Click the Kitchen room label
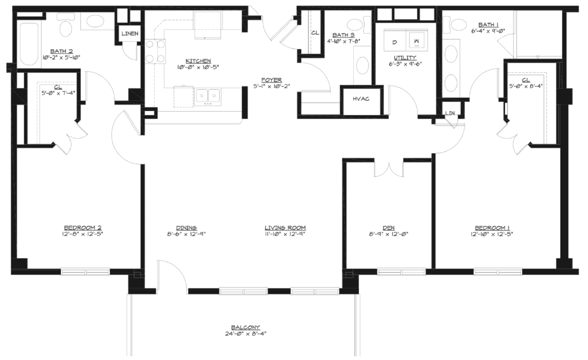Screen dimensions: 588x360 point(198,61)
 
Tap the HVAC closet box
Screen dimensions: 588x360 point(361,100)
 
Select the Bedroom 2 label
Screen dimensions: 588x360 point(82,228)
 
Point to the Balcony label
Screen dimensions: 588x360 point(246,327)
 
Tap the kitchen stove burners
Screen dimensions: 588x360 point(155,51)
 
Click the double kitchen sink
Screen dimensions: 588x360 point(208,96)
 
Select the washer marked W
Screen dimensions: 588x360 point(416,41)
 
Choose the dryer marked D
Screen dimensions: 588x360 point(394,41)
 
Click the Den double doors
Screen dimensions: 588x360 point(389,169)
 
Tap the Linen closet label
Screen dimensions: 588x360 point(130,34)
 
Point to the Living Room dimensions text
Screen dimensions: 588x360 point(285,234)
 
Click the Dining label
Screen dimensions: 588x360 point(187,228)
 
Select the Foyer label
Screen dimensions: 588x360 point(272,80)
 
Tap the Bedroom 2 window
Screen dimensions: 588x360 point(86,271)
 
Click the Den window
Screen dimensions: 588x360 point(401,271)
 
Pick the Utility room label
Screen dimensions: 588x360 point(405,57)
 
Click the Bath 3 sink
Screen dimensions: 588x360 point(362,65)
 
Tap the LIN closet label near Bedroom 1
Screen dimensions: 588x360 point(450,113)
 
